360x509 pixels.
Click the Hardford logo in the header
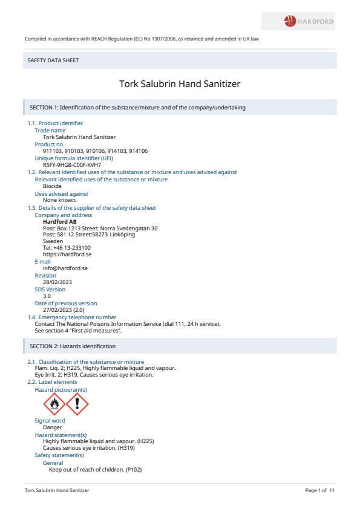[309, 22]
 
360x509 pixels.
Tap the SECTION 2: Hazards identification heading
[73, 346]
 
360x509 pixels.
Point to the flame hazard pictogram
[54, 404]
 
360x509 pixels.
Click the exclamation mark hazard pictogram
[77, 404]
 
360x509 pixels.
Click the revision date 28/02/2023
[57, 282]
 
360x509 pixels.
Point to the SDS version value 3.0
[47, 296]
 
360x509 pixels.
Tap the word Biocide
[52, 186]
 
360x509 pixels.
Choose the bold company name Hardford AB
[59, 222]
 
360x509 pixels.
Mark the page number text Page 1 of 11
[319, 490]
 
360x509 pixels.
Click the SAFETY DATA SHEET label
[53, 60]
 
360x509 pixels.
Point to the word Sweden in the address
[53, 241]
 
